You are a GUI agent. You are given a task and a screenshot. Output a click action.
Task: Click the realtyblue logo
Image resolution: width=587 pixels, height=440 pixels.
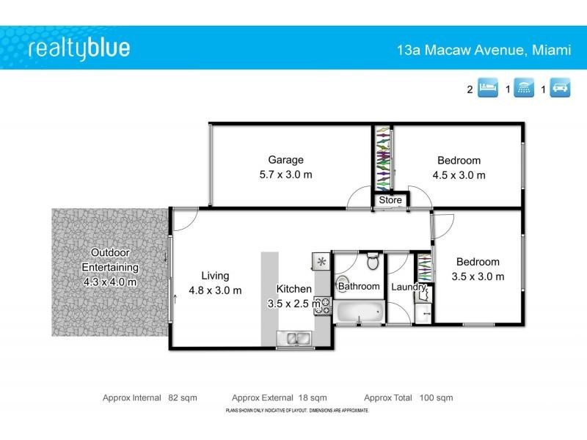coord(79,48)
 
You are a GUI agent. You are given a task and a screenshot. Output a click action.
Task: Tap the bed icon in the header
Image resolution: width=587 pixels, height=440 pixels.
coord(488,89)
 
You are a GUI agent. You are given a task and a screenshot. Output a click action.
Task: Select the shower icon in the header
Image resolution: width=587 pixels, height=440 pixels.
coord(524,89)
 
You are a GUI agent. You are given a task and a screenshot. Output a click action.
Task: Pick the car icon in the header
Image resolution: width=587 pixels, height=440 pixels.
coord(560,89)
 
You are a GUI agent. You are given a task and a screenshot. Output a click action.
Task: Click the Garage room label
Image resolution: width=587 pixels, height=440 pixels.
coord(285,160)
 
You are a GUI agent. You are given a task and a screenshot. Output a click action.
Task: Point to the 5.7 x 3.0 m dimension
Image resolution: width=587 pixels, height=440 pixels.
coord(285,175)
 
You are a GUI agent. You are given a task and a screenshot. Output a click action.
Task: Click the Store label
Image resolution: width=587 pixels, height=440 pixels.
coord(390,199)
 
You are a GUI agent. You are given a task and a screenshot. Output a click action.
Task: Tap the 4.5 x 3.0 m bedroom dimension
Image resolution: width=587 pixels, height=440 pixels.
coord(459,175)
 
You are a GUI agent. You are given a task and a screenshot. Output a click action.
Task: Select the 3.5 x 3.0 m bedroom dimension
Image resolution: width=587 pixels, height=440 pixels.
coord(478,276)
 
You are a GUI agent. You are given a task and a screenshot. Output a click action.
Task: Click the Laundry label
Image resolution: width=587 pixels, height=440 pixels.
coord(408,287)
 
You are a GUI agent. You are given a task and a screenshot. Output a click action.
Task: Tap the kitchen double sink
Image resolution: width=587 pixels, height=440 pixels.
coord(294,339)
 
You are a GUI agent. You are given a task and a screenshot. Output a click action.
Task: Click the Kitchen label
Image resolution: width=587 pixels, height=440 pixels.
coord(294,289)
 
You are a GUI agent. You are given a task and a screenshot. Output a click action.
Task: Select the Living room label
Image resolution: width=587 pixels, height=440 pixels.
coord(215,276)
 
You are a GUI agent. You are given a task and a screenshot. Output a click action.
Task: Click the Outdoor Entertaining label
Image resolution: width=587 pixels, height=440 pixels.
coord(110,260)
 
